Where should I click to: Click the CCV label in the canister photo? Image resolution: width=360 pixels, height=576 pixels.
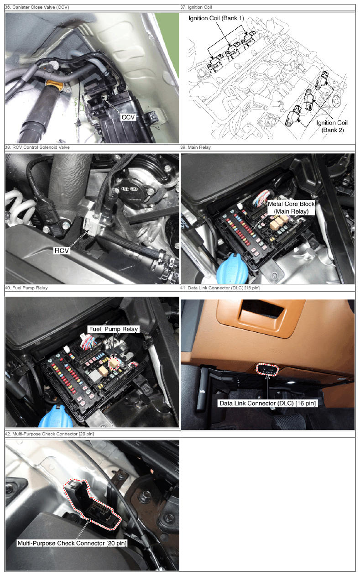click(128, 117)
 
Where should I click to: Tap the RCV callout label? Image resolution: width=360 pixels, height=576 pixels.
click(62, 251)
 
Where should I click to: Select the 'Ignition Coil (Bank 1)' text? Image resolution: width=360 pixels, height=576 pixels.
click(216, 18)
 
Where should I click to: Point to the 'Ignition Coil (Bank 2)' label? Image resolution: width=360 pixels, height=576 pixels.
click(332, 126)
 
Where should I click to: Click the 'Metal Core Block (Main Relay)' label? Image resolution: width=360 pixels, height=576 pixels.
click(291, 208)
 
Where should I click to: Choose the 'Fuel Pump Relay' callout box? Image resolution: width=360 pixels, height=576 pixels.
click(114, 329)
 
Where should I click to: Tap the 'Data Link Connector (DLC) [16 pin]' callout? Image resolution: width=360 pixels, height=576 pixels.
click(267, 403)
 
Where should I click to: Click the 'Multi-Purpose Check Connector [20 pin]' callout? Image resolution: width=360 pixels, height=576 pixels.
click(72, 543)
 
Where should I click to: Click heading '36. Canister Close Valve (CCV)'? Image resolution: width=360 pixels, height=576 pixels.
click(37, 7)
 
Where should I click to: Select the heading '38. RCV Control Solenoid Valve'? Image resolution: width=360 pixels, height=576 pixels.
click(37, 147)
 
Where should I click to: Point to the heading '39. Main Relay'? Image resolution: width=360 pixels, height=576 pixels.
click(195, 147)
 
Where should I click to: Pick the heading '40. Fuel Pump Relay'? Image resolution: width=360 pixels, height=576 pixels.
click(26, 288)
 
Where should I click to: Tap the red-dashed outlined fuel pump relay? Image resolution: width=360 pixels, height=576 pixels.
click(114, 363)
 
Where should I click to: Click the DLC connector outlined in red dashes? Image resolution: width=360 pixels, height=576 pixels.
click(267, 370)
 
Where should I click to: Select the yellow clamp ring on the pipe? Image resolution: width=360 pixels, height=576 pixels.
click(54, 85)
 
